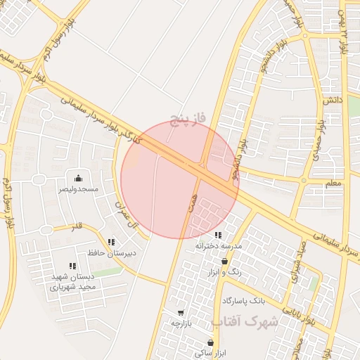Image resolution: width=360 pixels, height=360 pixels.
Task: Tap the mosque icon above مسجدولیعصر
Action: (x=77, y=178)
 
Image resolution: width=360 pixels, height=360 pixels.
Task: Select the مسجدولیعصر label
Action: (x=78, y=190)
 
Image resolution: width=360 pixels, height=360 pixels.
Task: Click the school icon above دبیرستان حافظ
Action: (x=111, y=242)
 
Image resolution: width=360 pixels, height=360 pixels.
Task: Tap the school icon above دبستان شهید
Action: (x=72, y=266)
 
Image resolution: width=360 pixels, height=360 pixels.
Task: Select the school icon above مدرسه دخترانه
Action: (x=218, y=235)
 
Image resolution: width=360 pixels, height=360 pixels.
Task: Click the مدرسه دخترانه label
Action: (x=219, y=246)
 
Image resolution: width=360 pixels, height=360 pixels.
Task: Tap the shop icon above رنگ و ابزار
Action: (x=224, y=261)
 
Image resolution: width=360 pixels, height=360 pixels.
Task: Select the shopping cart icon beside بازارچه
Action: (x=181, y=312)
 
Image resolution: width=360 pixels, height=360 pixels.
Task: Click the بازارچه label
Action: (x=181, y=323)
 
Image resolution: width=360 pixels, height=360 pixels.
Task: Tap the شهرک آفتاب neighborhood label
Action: (x=245, y=322)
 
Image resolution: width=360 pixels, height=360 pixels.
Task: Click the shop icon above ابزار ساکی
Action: (x=210, y=342)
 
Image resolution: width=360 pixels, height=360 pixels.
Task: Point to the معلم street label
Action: (x=334, y=182)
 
